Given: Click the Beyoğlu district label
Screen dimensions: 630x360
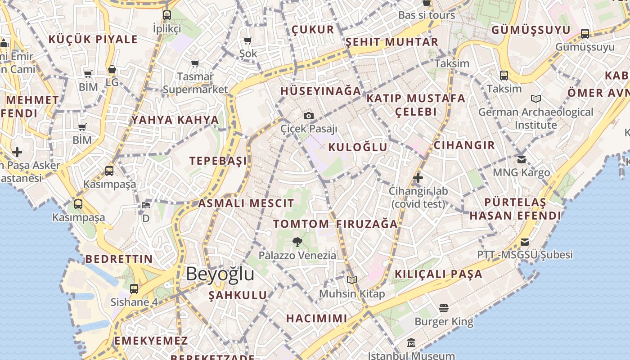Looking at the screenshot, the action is pyautogui.click(x=220, y=274).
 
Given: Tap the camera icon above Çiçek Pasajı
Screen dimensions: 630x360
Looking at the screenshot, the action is pyautogui.click(x=308, y=116).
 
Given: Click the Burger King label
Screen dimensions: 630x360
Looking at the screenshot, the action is pyautogui.click(x=444, y=322).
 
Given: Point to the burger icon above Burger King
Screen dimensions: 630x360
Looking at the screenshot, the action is pyautogui.click(x=444, y=308).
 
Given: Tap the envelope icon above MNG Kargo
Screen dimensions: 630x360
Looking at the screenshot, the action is pyautogui.click(x=522, y=159).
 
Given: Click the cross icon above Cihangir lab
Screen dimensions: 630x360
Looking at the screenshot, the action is pyautogui.click(x=418, y=178).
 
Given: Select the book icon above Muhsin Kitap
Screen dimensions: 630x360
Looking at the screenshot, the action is pyautogui.click(x=352, y=280).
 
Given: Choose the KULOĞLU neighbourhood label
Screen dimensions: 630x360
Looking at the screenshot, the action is pyautogui.click(x=358, y=147).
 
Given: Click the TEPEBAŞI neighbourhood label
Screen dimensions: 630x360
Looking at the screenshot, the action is pyautogui.click(x=218, y=161).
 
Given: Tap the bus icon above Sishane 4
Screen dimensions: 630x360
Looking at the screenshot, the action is pyautogui.click(x=134, y=289).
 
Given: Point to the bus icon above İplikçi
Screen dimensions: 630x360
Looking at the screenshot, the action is pyautogui.click(x=167, y=15).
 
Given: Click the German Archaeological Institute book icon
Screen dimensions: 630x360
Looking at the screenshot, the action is pyautogui.click(x=535, y=99).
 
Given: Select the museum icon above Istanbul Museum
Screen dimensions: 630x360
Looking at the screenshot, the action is pyautogui.click(x=411, y=343).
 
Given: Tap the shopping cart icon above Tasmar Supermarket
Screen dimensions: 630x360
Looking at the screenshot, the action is pyautogui.click(x=195, y=63).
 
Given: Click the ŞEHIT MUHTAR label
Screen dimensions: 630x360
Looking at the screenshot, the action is pyautogui.click(x=391, y=42).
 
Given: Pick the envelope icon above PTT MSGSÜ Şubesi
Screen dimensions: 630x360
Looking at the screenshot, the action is pyautogui.click(x=525, y=242).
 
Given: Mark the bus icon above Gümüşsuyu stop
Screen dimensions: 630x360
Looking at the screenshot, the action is pyautogui.click(x=585, y=33).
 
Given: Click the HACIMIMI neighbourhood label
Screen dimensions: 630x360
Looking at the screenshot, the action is pyautogui.click(x=317, y=319).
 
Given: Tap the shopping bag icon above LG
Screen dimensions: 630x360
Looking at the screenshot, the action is pyautogui.click(x=112, y=70).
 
